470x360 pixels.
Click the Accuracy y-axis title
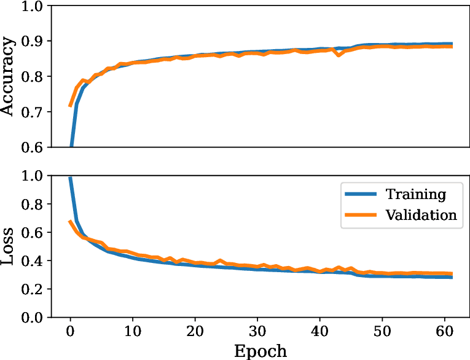[x=9, y=76]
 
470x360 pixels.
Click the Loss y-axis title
[x=9, y=246]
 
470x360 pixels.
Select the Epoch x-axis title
[x=260, y=350]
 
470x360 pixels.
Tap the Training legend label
[x=415, y=195]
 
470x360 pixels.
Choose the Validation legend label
[x=421, y=214]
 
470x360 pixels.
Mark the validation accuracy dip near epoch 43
[x=339, y=55]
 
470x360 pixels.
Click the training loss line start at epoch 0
[x=70, y=178]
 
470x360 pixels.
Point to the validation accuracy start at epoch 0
[x=70, y=106]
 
